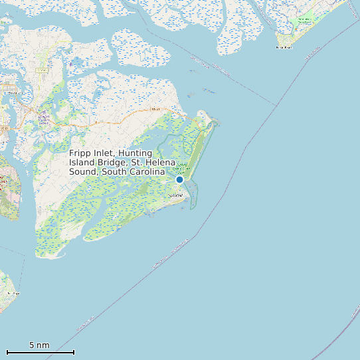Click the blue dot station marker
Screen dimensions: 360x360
(x=179, y=179)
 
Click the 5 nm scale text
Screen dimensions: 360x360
(x=39, y=345)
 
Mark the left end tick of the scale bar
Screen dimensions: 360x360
(x=7, y=352)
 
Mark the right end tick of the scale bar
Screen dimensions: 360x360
(x=74, y=352)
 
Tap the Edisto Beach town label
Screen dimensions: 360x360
(x=284, y=48)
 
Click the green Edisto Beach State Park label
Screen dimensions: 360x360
(x=303, y=21)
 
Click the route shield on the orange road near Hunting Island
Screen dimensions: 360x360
(x=155, y=108)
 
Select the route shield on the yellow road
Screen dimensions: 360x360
(x=43, y=70)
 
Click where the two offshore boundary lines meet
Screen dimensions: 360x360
(x=276, y=106)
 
